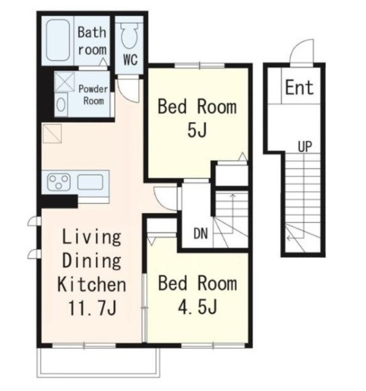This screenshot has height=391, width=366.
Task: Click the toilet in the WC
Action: coord(129,35)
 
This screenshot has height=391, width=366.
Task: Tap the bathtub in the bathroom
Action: coord(58,40)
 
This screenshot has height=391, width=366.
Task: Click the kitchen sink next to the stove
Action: coord(90,182)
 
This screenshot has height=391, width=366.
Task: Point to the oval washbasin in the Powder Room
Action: coord(61,104)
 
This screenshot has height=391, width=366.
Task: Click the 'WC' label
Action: coord(131,60)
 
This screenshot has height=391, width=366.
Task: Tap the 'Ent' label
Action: coord(299,87)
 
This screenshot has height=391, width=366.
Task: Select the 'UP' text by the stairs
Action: coord(305,147)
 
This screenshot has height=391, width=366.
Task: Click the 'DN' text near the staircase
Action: coord(201,233)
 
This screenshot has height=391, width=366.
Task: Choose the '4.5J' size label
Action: coord(198,307)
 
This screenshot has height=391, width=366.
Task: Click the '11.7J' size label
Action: coord(92,308)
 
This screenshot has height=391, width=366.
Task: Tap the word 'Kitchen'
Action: coord(91,284)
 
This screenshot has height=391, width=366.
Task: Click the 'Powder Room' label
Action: coord(93,95)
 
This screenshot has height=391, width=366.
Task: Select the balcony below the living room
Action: coord(98,362)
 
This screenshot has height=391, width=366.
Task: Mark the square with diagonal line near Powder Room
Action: coord(52,134)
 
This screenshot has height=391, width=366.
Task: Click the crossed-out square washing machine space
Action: coord(65,82)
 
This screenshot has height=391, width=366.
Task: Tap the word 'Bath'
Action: coord(92,32)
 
